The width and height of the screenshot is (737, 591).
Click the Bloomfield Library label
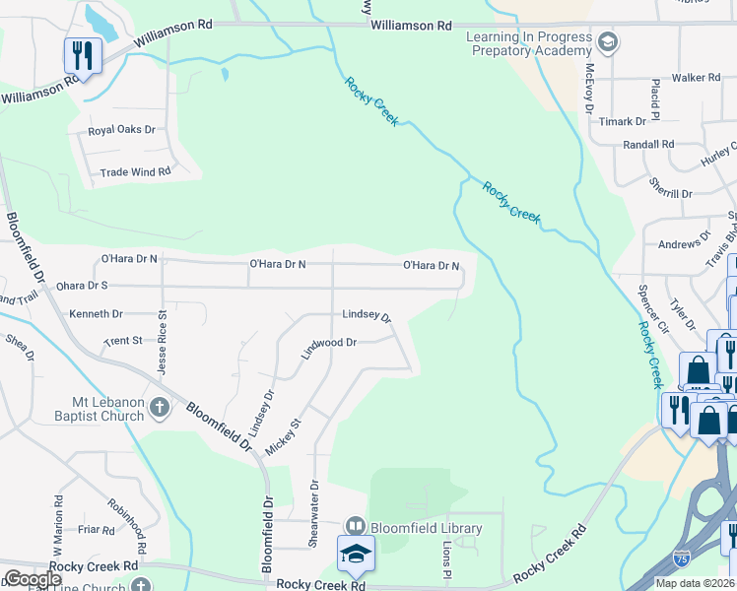click(x=426, y=528)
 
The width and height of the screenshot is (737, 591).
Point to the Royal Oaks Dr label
click(x=122, y=129)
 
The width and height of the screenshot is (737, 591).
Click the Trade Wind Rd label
click(x=136, y=171)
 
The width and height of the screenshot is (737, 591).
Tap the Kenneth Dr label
click(x=96, y=314)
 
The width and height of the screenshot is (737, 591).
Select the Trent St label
click(x=123, y=341)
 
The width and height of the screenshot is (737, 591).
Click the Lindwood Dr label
click(x=328, y=344)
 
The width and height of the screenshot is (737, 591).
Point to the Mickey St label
click(x=284, y=436)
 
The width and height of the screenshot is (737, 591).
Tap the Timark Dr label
click(x=626, y=121)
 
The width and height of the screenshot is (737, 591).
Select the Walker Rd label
click(x=697, y=77)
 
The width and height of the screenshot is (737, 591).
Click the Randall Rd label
click(x=648, y=144)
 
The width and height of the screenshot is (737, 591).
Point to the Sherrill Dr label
click(x=671, y=187)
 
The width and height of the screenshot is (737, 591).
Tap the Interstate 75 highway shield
click(x=681, y=558)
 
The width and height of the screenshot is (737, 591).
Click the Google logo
click(x=32, y=579)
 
